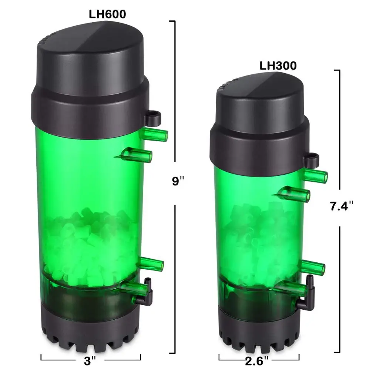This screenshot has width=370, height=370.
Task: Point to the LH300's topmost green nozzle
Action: pyautogui.click(x=316, y=176)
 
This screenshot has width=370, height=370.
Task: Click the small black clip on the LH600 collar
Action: pyautogui.click(x=153, y=118)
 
